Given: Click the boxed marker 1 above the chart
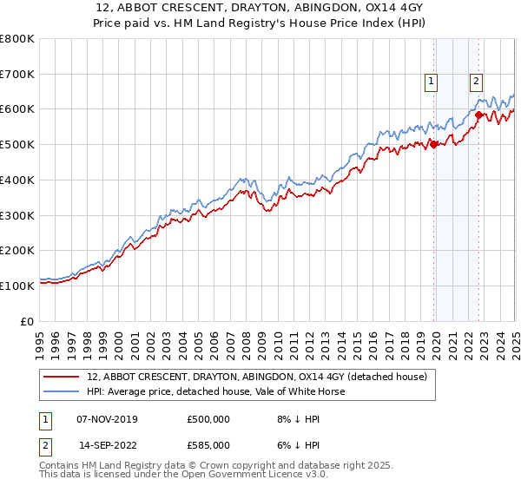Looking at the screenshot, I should (x=432, y=82).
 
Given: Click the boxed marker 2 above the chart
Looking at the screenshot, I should (x=477, y=82).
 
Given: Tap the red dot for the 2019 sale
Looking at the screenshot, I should (x=433, y=145).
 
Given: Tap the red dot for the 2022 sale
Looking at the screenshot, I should (x=478, y=115).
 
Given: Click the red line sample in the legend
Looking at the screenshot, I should (x=61, y=378).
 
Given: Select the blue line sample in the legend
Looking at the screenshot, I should (x=61, y=392).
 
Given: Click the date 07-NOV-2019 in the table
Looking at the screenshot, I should (x=107, y=419).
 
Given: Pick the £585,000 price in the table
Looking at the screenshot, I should (x=208, y=444).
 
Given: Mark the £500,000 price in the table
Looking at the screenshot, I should (x=208, y=419).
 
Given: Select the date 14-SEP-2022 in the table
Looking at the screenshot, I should (x=107, y=444).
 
